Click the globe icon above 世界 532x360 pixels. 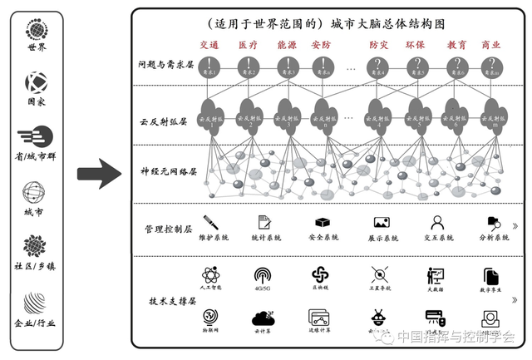point(36,30)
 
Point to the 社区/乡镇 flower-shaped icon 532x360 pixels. point(36,245)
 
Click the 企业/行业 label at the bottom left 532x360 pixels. point(36,323)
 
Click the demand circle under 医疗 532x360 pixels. point(248,67)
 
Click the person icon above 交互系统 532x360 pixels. point(437,222)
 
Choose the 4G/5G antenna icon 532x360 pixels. point(265,274)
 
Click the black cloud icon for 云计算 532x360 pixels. point(265,318)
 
